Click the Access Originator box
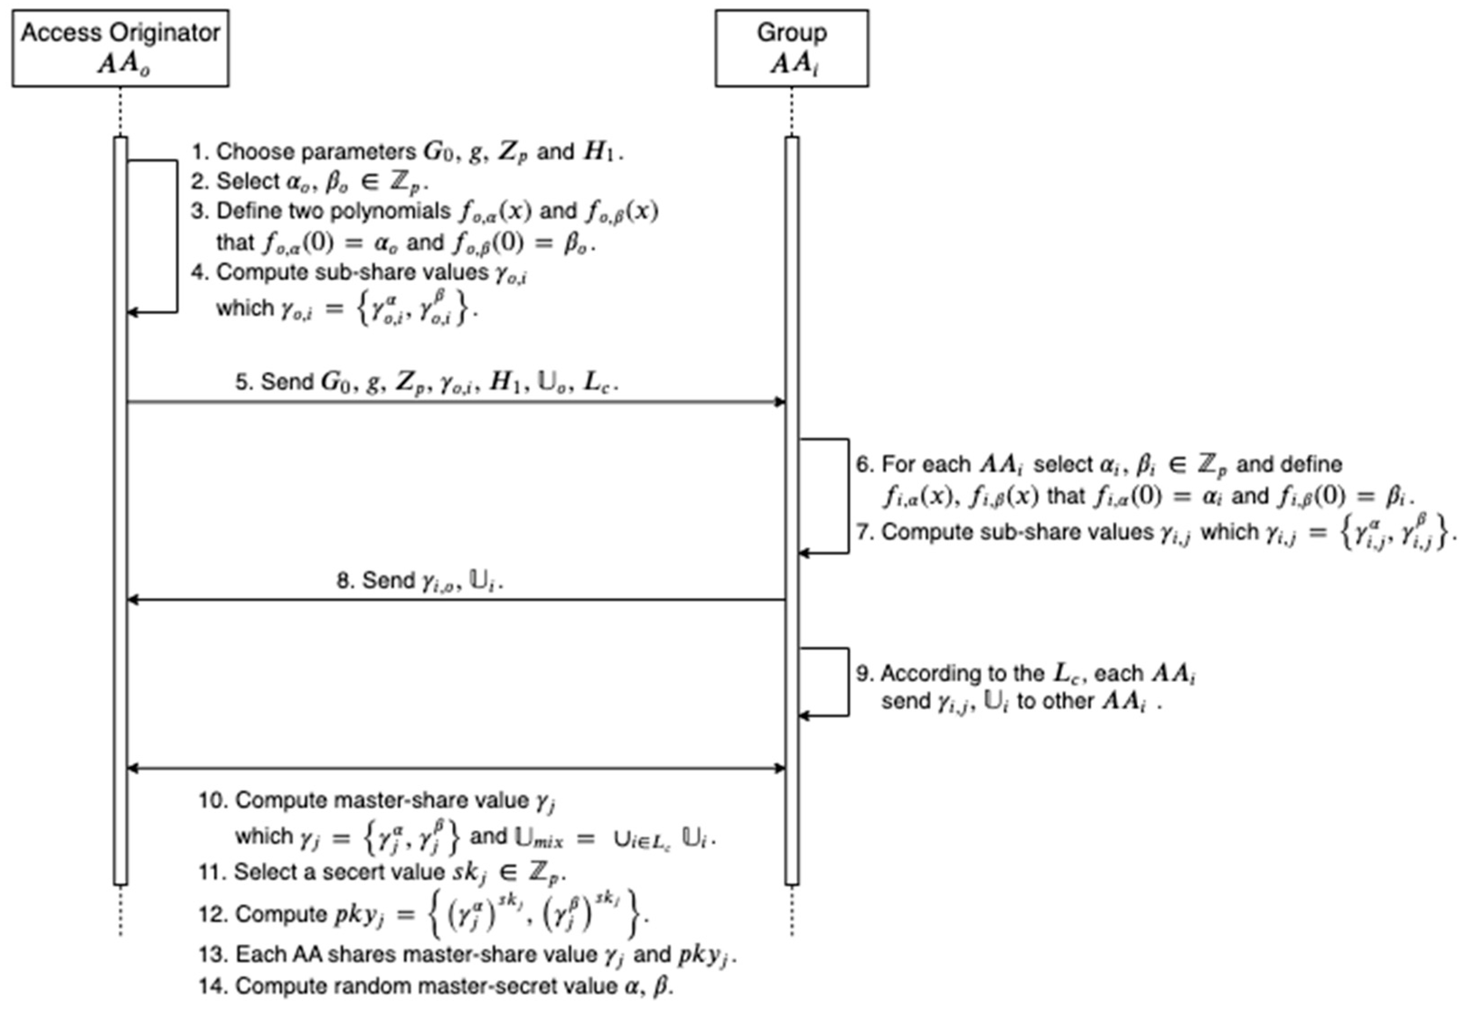[x=120, y=48]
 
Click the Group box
[x=791, y=48]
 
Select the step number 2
[x=199, y=182]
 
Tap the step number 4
[x=199, y=272]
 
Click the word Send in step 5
[x=287, y=382]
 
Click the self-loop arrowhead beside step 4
[x=132, y=312]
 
